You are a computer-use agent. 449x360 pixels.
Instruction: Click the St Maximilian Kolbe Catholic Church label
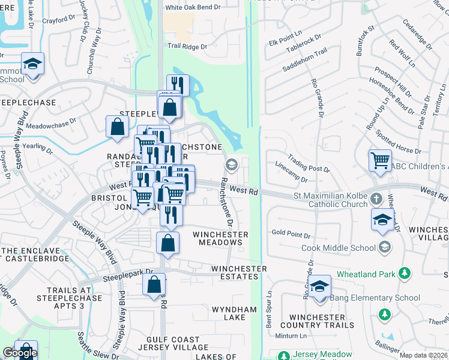(x=330, y=200)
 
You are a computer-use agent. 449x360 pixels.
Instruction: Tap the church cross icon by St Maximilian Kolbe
(x=376, y=198)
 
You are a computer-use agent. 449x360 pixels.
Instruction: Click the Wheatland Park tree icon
(x=405, y=274)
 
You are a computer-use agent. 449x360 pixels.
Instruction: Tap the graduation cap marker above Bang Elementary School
(x=321, y=286)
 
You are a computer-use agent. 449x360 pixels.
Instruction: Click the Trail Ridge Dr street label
(x=187, y=46)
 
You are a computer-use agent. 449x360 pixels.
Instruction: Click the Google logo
(x=19, y=353)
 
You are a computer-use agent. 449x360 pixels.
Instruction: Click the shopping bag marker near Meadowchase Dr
(x=117, y=127)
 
